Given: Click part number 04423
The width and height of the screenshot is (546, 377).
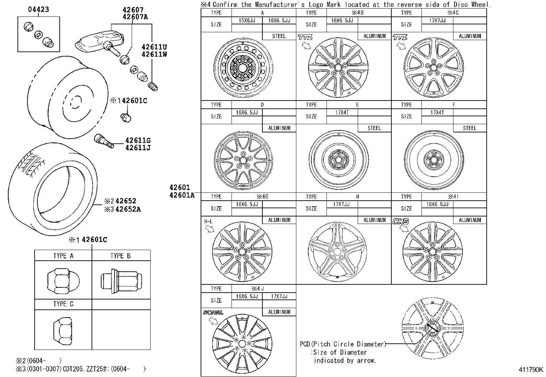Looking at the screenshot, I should click(x=38, y=10).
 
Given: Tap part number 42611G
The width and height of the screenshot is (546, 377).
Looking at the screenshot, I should click(x=138, y=140).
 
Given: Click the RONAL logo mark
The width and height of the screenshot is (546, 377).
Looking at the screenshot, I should click(x=213, y=313).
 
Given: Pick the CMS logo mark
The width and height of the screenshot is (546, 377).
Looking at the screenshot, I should click(x=401, y=221).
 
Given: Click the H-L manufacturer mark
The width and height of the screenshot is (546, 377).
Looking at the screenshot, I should click(x=208, y=222).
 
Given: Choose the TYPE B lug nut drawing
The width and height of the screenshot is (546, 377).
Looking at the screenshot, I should click(x=121, y=280).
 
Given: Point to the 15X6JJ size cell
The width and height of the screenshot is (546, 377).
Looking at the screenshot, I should click(x=247, y=21).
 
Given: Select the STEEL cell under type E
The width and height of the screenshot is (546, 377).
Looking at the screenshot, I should click(x=374, y=128).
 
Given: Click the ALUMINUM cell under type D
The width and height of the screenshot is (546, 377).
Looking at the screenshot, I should click(x=279, y=128).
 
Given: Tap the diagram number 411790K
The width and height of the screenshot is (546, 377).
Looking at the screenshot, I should click(x=531, y=370).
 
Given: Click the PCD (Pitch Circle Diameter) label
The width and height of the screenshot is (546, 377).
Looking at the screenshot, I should click(x=343, y=344).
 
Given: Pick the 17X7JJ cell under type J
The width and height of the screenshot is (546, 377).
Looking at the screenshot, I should click(x=279, y=296).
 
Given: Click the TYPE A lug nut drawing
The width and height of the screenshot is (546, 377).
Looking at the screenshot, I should click(x=63, y=280).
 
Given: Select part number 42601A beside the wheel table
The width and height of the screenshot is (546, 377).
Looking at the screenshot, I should click(x=181, y=195).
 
